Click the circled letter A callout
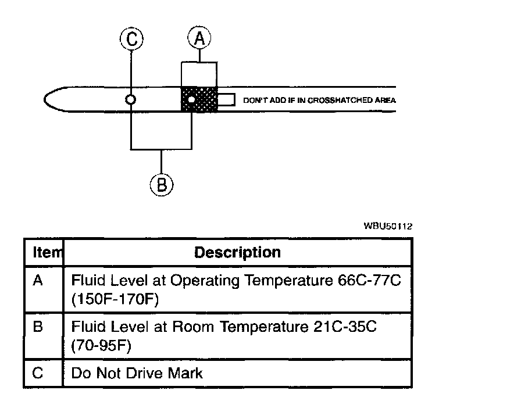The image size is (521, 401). pyautogui.click(x=199, y=38)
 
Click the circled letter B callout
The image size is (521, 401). pyautogui.click(x=162, y=184)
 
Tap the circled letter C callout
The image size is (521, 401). pyautogui.click(x=132, y=39)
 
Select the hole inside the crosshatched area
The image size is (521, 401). pyautogui.click(x=191, y=100)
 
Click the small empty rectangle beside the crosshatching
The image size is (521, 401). pyautogui.click(x=226, y=100)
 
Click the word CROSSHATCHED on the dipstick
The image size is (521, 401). pyautogui.click(x=336, y=100)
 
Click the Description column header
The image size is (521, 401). pyautogui.click(x=237, y=253)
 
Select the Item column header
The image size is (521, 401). pyautogui.click(x=44, y=253)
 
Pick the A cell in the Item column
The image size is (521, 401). pyautogui.click(x=38, y=281)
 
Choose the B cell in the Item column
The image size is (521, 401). pyautogui.click(x=38, y=327)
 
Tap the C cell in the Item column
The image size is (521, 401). pyautogui.click(x=38, y=373)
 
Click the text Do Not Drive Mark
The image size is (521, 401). pyautogui.click(x=137, y=373)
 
